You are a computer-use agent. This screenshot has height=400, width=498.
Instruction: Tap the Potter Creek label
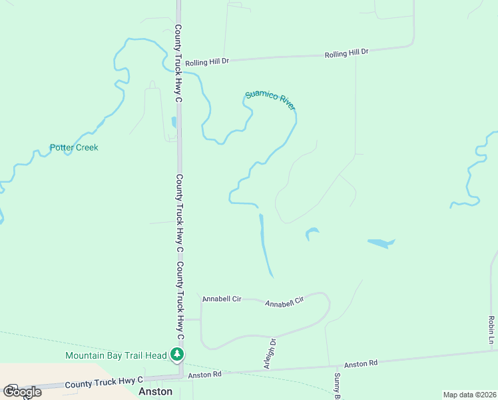click(x=74, y=147)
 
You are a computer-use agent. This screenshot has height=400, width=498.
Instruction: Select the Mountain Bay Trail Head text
click(x=117, y=355)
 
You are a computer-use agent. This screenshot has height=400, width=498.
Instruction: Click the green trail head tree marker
click(x=177, y=355)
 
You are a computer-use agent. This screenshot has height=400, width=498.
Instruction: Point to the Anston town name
click(x=155, y=392)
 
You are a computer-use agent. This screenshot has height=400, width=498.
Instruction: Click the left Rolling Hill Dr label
click(x=207, y=61)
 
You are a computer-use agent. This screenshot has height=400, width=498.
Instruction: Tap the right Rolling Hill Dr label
click(x=346, y=53)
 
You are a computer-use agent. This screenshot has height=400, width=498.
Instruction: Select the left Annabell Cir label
click(x=222, y=299)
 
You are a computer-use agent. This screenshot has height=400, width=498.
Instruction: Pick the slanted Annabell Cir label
click(x=284, y=302)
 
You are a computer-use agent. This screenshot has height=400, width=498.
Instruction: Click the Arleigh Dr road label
click(x=269, y=353)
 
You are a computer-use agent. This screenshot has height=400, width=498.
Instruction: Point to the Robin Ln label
click(x=491, y=331)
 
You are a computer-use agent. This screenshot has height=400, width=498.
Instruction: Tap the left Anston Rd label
click(x=204, y=375)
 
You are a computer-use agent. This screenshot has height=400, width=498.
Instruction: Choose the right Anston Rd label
click(x=361, y=364)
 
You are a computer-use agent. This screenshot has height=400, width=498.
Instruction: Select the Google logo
click(x=22, y=392)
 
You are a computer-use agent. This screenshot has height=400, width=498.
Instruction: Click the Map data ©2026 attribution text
click(x=469, y=395)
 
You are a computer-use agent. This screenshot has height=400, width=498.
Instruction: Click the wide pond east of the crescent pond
click(x=381, y=243)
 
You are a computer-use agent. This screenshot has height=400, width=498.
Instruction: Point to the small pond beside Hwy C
click(x=174, y=122)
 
